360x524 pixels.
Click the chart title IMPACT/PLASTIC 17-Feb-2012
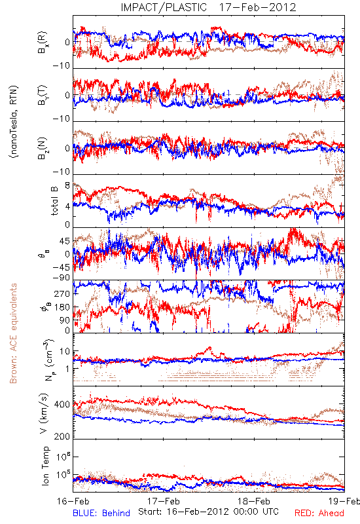(x=208, y=7)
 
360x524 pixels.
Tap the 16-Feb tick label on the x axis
(x=73, y=501)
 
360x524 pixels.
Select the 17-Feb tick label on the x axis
(x=163, y=501)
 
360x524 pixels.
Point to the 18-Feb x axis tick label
(x=254, y=501)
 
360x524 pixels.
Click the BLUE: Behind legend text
(x=101, y=514)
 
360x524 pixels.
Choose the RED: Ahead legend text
(x=319, y=514)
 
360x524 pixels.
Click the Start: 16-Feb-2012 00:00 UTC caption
(x=208, y=512)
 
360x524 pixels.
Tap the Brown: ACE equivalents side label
(x=13, y=333)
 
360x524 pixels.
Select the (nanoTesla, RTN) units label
(x=14, y=122)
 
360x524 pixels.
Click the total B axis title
(x=54, y=201)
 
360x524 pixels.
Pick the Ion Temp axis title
(x=45, y=466)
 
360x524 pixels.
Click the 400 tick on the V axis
(x=62, y=404)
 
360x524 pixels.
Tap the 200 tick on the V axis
(x=62, y=436)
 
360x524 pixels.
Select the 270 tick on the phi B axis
(x=62, y=293)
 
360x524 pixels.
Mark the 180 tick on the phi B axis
(x=62, y=307)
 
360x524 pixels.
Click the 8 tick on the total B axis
(x=67, y=185)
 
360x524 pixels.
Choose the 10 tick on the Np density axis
(x=65, y=352)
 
